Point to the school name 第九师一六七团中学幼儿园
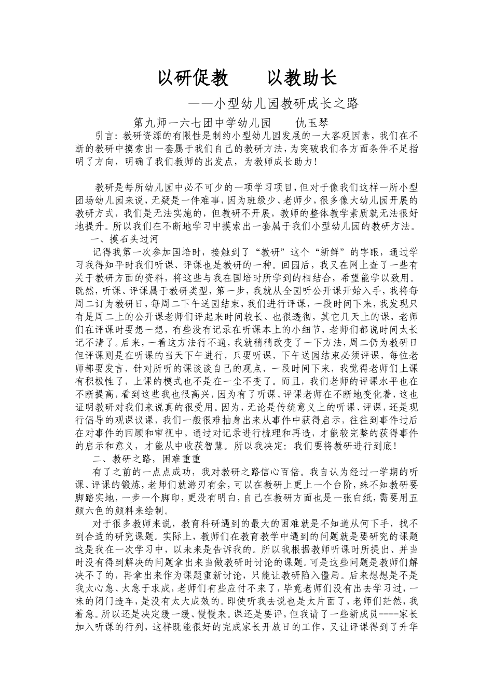pos(202,124)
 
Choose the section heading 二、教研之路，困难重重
pos(145,460)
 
